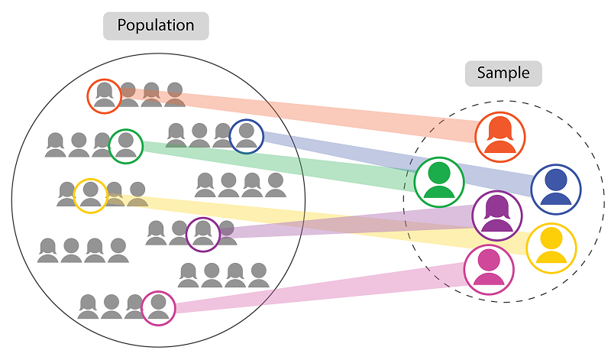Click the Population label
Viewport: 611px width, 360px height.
click(x=156, y=26)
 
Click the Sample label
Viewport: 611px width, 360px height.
click(x=503, y=73)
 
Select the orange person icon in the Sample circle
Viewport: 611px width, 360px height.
click(x=499, y=137)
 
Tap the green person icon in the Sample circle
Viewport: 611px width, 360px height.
click(x=439, y=182)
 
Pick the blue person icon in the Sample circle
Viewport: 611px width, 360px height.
click(x=556, y=189)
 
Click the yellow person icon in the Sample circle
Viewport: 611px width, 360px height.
click(x=551, y=248)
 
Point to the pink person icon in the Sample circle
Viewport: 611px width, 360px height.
click(x=489, y=270)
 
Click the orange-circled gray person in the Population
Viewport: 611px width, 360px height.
click(x=104, y=95)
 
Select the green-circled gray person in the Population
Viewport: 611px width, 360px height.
click(x=126, y=146)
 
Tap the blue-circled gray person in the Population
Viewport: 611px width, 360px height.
click(x=246, y=137)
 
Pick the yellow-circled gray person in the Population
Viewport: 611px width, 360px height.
click(x=90, y=195)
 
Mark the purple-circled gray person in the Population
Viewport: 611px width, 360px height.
click(x=203, y=234)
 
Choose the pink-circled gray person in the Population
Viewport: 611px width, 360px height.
click(x=158, y=308)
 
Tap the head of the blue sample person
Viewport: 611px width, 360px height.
click(x=556, y=180)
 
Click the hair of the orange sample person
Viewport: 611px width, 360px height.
click(x=499, y=127)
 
